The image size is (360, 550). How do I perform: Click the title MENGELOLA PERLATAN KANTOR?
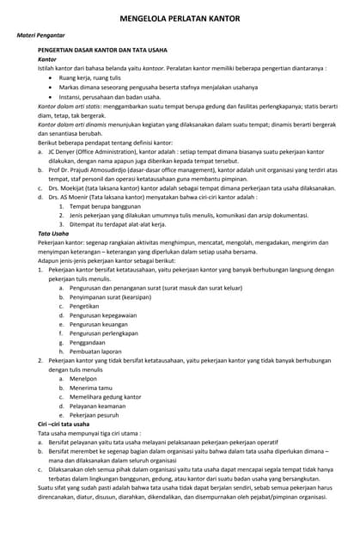pos(180,18)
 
